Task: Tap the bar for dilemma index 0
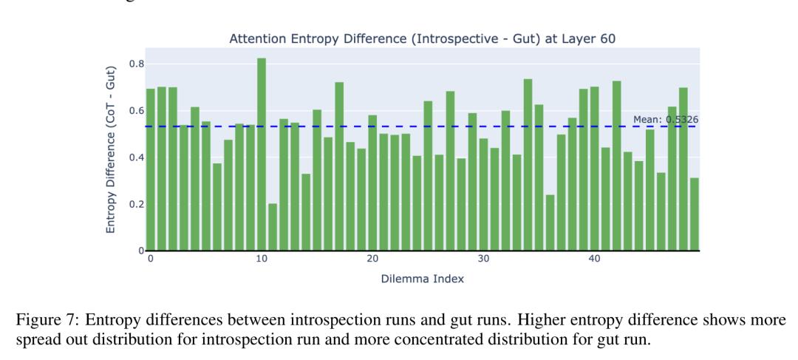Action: pyautogui.click(x=150, y=169)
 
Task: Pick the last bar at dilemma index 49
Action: pyautogui.click(x=695, y=214)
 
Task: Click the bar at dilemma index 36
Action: pyautogui.click(x=550, y=223)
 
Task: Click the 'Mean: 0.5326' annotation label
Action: pyautogui.click(x=665, y=119)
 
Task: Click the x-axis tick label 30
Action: pyautogui.click(x=483, y=259)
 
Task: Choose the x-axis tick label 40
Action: pyautogui.click(x=594, y=259)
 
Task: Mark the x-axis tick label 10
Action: pyautogui.click(x=262, y=259)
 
